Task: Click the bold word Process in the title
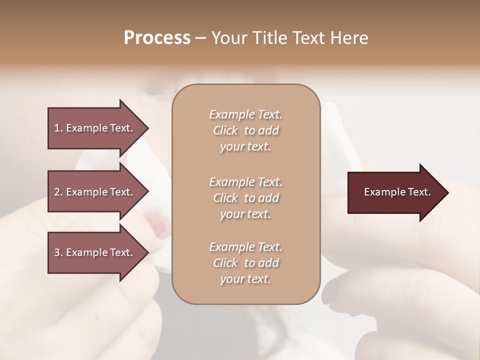(x=157, y=38)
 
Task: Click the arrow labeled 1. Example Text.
(x=95, y=128)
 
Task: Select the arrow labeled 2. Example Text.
(x=95, y=192)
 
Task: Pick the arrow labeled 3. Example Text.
(x=95, y=252)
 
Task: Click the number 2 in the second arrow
(x=56, y=192)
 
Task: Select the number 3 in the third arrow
(x=56, y=252)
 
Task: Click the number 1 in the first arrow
(x=56, y=128)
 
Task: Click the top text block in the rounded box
(x=245, y=130)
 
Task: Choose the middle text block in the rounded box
(x=245, y=198)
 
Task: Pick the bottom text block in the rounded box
(x=245, y=263)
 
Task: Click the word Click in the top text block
(x=225, y=130)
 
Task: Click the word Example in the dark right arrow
(x=382, y=192)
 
